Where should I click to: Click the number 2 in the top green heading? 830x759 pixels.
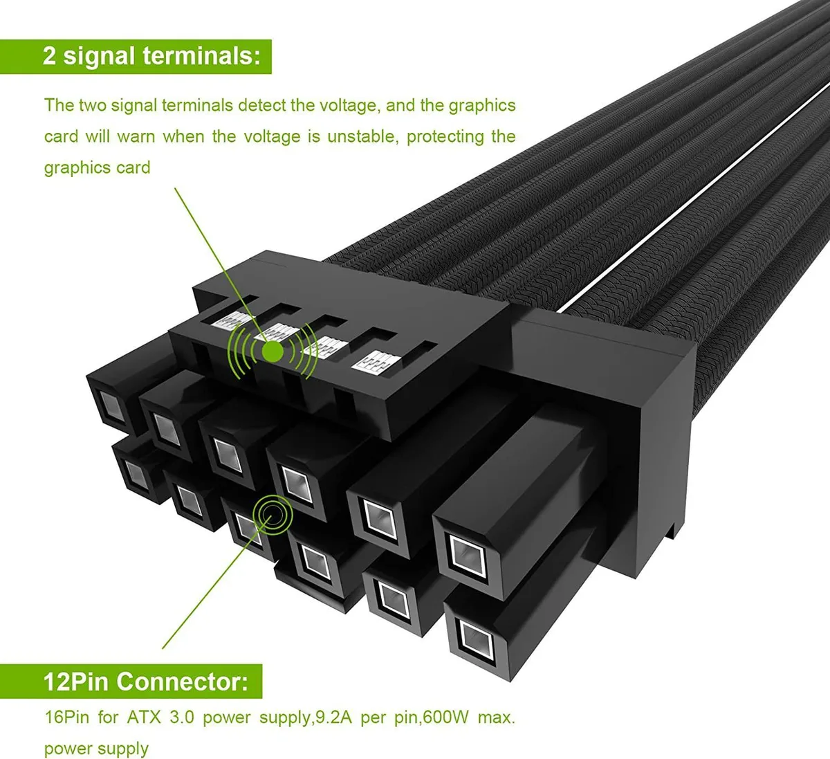coord(49,56)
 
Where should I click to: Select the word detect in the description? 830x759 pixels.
coord(261,105)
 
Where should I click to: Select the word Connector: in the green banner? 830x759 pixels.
coord(182,682)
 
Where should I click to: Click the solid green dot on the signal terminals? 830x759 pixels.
coord(273,352)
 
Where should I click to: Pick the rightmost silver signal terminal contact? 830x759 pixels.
coord(376,361)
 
